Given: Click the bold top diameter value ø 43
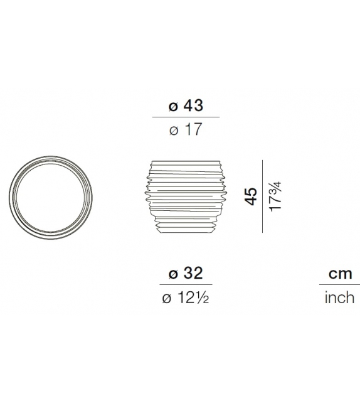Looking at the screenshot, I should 185,106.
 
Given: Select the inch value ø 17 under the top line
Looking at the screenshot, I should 185,130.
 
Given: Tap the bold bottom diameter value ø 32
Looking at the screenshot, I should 185,274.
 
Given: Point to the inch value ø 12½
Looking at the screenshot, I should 185,298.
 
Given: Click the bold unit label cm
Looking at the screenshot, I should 340,274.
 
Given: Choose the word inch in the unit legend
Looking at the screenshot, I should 339,298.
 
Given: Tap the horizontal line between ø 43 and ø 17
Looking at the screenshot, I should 186,117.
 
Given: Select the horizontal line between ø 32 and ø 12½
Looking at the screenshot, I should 186,286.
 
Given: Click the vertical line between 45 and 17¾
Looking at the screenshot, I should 262,196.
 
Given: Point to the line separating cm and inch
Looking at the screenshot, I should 340,286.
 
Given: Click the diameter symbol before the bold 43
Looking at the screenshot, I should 172,107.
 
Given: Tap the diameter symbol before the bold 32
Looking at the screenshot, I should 172,275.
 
